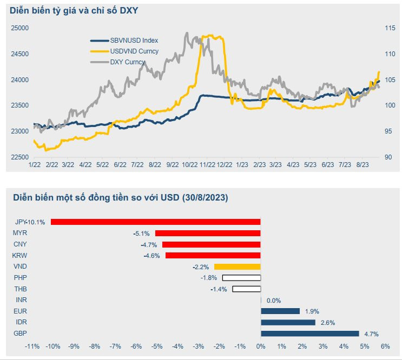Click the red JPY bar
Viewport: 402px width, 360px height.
point(156,222)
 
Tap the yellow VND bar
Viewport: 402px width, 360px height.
point(238,266)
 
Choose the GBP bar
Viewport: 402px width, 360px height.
point(309,334)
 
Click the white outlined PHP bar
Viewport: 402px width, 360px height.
point(241,278)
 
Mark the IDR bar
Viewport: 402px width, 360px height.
point(288,323)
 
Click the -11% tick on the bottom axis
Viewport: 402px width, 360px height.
point(32,346)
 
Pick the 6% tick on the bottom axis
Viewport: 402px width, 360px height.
point(385,346)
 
